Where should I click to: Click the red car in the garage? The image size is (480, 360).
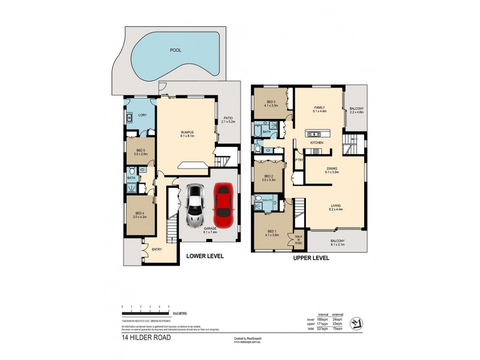[223, 205]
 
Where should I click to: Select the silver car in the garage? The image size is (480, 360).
[196, 206]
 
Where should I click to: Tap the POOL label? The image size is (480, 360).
[175, 50]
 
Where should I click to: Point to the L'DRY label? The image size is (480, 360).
[142, 115]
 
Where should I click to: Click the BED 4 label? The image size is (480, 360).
[139, 213]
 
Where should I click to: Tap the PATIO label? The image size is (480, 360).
[228, 118]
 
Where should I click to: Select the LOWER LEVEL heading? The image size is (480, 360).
[205, 256]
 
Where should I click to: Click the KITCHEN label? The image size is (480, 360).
[317, 143]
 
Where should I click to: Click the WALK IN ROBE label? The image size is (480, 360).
[298, 242]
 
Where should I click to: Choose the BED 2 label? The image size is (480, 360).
[268, 176]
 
